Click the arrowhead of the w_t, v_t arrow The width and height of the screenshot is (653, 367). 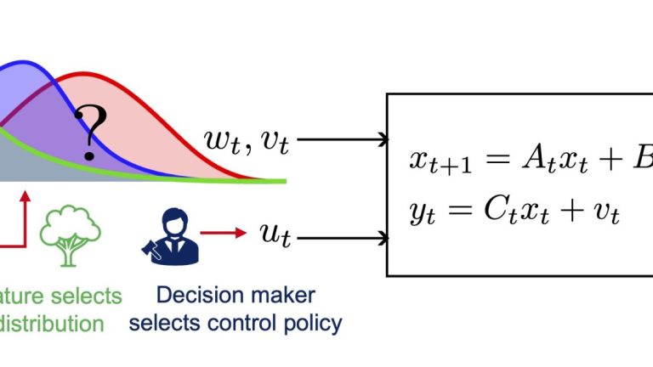point(382,138)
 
